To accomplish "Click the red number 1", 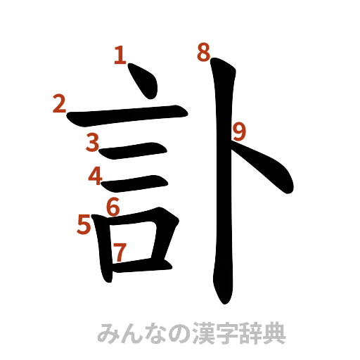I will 120,56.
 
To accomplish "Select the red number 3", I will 92,142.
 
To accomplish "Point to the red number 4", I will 94,176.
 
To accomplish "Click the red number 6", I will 112,207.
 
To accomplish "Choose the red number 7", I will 120,251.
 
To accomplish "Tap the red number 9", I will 239,131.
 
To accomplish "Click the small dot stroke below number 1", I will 146,84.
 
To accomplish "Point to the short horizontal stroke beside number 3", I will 134,150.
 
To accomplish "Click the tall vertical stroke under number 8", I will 223,183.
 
